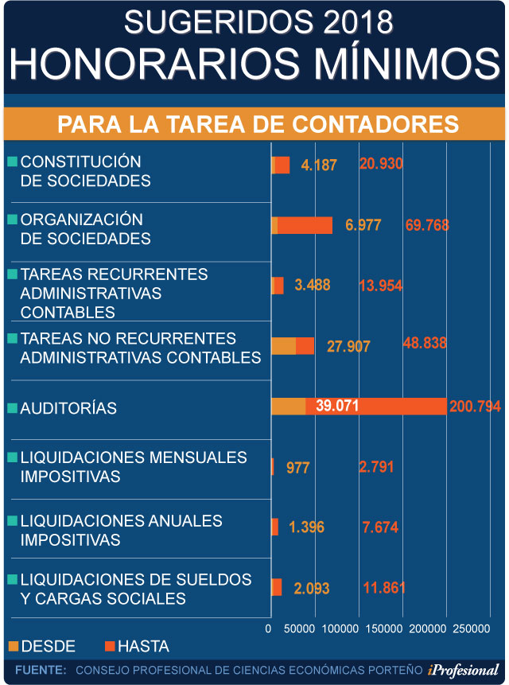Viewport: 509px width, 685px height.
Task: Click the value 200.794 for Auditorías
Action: (475, 407)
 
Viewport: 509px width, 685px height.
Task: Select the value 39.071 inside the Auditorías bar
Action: (337, 406)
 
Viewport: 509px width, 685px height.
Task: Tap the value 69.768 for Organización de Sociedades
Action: (427, 225)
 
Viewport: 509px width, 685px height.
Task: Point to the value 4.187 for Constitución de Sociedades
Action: (319, 165)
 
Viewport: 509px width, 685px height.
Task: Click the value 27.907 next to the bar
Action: (348, 346)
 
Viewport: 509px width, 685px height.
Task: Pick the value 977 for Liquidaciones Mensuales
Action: (297, 467)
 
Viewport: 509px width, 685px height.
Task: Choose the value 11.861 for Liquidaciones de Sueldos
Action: (384, 589)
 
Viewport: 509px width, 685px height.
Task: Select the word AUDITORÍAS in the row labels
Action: (68, 408)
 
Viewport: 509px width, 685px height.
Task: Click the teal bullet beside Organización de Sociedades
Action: (12, 219)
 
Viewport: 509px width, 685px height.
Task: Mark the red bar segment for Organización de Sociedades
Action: (305, 225)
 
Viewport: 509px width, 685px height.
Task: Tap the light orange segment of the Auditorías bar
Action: (288, 406)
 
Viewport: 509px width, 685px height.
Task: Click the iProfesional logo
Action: (463, 670)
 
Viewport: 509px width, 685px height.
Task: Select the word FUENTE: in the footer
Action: (41, 670)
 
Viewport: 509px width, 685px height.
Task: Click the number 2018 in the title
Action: (357, 23)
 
